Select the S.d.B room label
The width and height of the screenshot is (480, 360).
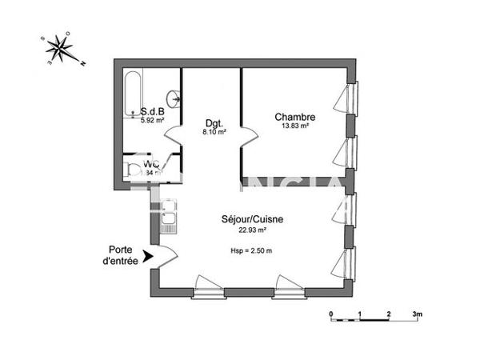152,112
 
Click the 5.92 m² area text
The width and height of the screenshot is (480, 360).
152,121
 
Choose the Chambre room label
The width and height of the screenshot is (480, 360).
294,116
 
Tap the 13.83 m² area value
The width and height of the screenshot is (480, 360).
294,126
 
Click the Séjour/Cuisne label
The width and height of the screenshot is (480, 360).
253,219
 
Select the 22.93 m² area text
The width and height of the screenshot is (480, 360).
253,230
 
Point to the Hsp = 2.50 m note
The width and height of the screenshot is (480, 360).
251,251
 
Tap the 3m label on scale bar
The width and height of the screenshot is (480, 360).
417,314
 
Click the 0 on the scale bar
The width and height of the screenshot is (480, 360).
331,314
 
